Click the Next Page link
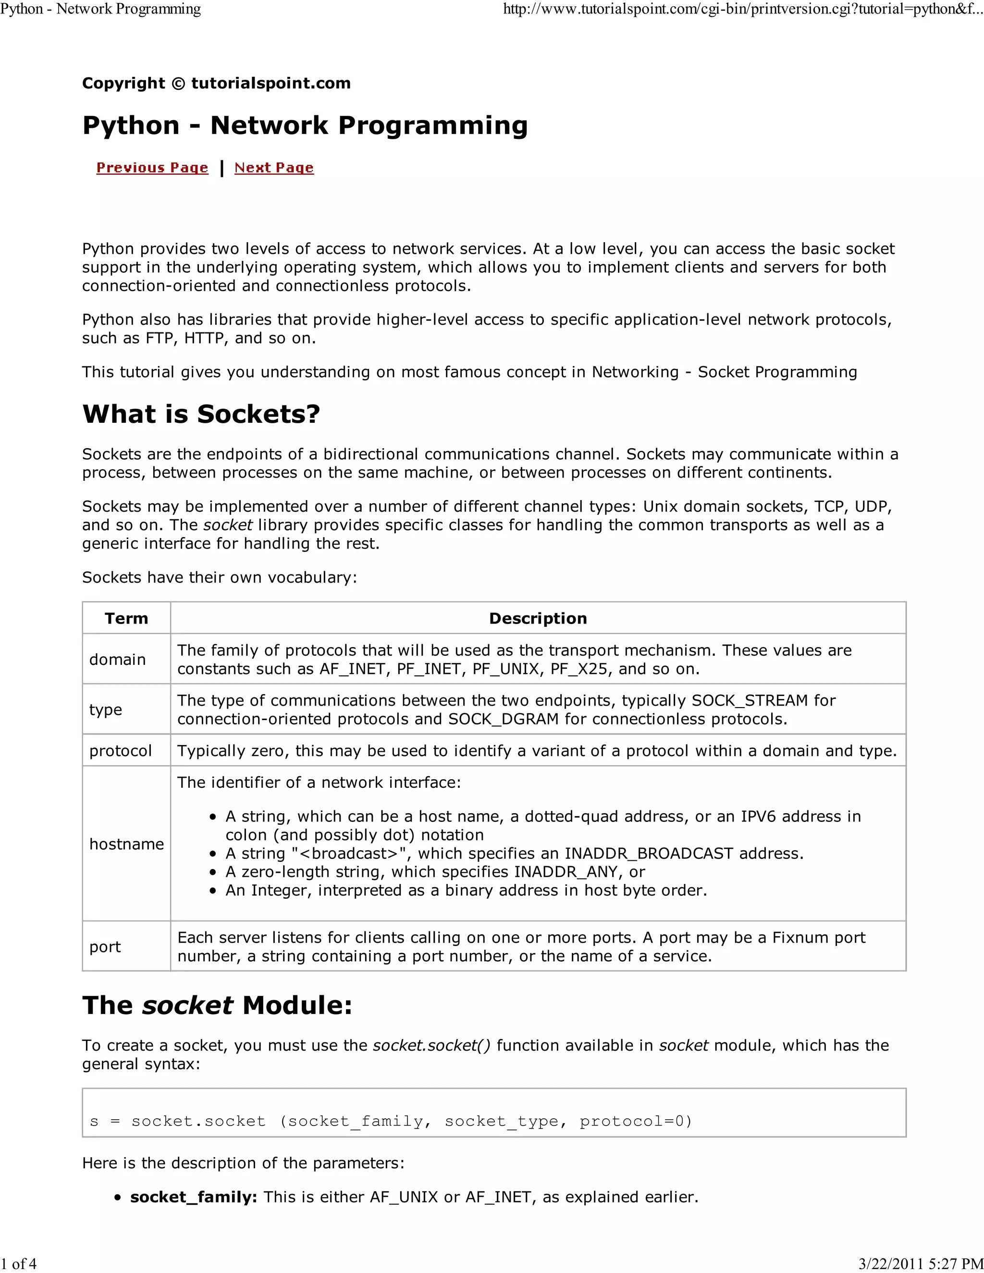pos(273,168)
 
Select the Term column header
pos(126,618)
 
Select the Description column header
pos(538,618)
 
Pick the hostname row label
pos(126,844)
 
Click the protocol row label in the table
pos(120,751)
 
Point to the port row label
pos(105,947)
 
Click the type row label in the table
pos(106,710)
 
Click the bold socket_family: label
pos(194,1197)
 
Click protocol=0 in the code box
pos(635,1121)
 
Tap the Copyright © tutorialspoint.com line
pos(216,84)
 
